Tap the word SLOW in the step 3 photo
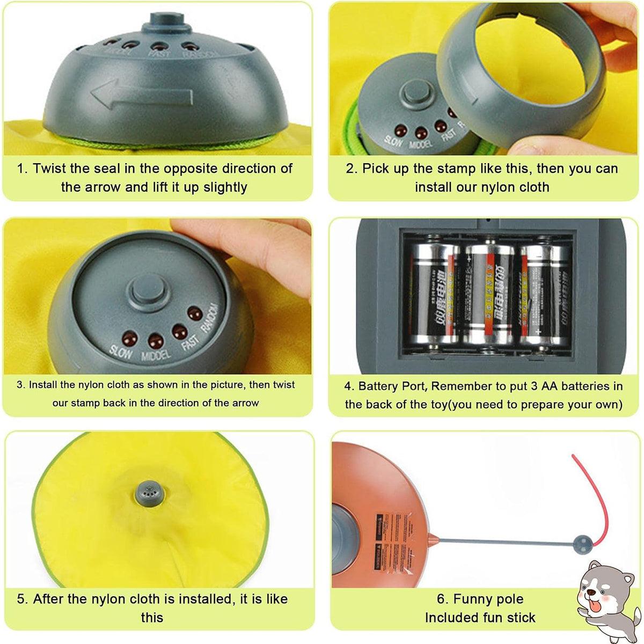pos(120,350)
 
